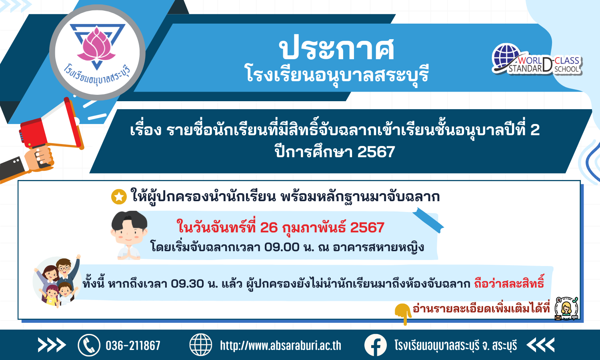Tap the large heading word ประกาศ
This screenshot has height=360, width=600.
pyautogui.click(x=336, y=49)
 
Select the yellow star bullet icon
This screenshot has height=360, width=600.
pyautogui.click(x=119, y=197)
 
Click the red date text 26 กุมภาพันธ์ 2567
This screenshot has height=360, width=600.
pyautogui.click(x=322, y=228)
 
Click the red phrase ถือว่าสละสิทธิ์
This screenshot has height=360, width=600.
pyautogui.click(x=509, y=282)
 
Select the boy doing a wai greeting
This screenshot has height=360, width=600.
pyautogui.click(x=129, y=236)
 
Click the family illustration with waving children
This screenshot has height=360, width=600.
pyautogui.click(x=57, y=281)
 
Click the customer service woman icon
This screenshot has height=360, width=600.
pyautogui.click(x=566, y=308)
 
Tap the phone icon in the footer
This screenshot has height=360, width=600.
pyautogui.click(x=89, y=345)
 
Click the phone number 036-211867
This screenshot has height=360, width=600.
pyautogui.click(x=133, y=346)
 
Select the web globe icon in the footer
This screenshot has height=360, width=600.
pyautogui.click(x=201, y=345)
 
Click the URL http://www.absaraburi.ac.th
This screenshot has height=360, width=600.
pyautogui.click(x=281, y=346)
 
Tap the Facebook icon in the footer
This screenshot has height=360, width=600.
pyautogui.click(x=376, y=345)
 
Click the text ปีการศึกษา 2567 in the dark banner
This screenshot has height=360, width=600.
pyautogui.click(x=335, y=151)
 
